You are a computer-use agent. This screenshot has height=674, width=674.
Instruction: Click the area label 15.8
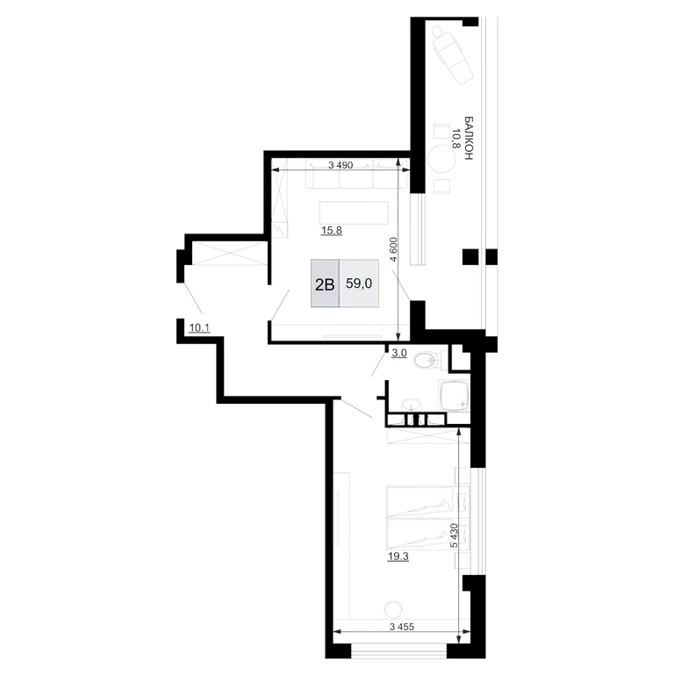pyautogui.click(x=332, y=231)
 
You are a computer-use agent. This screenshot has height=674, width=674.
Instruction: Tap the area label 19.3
pyautogui.click(x=398, y=556)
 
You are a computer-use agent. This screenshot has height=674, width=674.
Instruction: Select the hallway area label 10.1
pyautogui.click(x=199, y=328)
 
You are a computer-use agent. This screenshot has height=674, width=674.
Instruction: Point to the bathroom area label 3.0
pyautogui.click(x=399, y=354)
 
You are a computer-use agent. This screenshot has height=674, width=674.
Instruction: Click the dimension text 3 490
pyautogui.click(x=341, y=165)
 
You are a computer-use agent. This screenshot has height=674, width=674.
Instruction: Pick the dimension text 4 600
pyautogui.click(x=394, y=249)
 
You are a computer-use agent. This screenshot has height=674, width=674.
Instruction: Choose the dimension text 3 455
pyautogui.click(x=402, y=627)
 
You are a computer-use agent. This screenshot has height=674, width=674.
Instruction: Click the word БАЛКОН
pyautogui.click(x=469, y=138)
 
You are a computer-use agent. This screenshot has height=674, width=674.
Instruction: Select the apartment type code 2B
pyautogui.click(x=325, y=284)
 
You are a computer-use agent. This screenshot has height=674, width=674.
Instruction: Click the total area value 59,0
pyautogui.click(x=359, y=283)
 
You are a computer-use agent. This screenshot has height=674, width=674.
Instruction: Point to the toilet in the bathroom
pyautogui.click(x=428, y=359)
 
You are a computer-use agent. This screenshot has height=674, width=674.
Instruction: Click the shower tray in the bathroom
pyautogui.click(x=454, y=396)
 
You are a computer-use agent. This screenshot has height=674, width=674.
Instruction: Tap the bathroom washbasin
pyautogui.click(x=412, y=405)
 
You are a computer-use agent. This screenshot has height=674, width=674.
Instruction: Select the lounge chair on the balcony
pyautogui.click(x=451, y=54)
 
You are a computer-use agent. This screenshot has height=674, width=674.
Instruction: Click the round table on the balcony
pyautogui.click(x=442, y=159)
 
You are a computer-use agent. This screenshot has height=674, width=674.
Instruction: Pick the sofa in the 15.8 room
pyautogui.click(x=356, y=174)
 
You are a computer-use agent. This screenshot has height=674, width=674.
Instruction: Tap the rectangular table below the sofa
pyautogui.click(x=354, y=212)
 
